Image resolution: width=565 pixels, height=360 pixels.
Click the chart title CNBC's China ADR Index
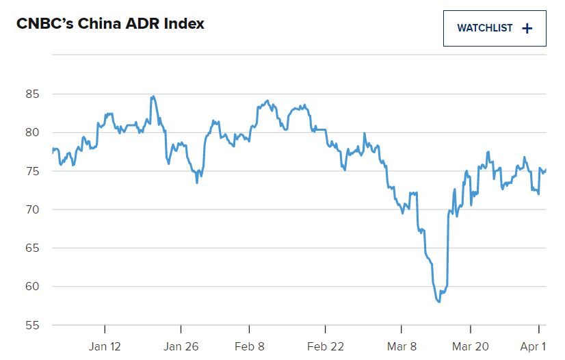pos(110,24)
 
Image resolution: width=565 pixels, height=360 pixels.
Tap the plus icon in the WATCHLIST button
pos(527,28)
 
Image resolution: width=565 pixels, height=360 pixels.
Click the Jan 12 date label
pos(105,346)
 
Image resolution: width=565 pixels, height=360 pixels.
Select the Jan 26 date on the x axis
pos(182,346)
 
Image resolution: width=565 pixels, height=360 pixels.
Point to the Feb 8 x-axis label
pos(249,346)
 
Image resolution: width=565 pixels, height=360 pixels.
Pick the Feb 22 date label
pos(325,346)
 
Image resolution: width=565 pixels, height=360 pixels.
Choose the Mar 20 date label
pos(471,346)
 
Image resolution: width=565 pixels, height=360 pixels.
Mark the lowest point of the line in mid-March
pos(438,302)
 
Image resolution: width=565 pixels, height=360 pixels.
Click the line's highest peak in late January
pos(153,97)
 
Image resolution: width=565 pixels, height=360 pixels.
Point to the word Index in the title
pos(184,24)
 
